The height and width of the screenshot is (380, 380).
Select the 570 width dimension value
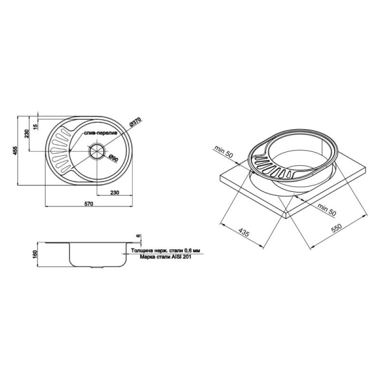tap(89, 204)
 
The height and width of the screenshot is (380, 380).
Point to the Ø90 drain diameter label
tap(113, 158)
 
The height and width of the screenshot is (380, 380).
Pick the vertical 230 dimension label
tap(27, 134)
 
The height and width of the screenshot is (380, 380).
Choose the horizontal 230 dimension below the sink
tap(115, 192)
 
